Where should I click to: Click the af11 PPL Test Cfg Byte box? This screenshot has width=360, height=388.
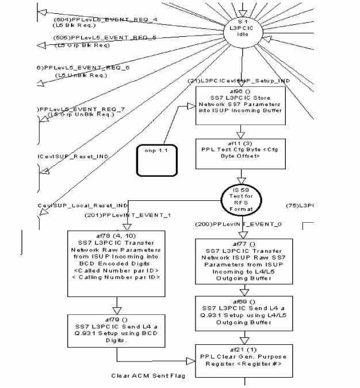click(x=240, y=153)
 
